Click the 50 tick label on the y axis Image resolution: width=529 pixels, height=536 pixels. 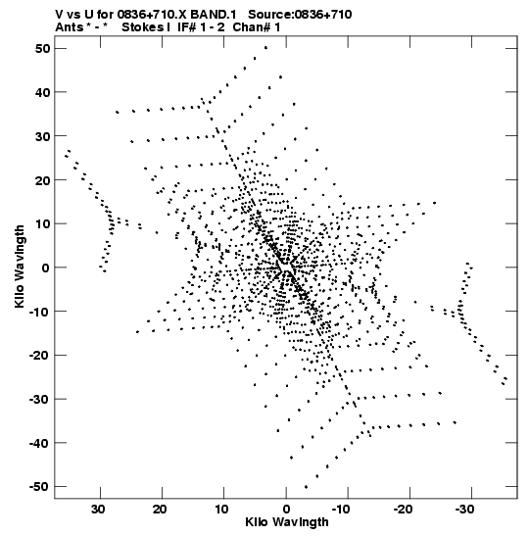[42, 49]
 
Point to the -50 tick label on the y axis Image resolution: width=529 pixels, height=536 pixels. [39, 486]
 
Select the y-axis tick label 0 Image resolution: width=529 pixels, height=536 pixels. [46, 268]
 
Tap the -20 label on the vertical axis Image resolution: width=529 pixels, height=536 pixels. [39, 355]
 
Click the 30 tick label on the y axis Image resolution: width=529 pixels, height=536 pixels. [42, 136]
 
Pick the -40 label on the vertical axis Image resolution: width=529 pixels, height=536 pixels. [39, 443]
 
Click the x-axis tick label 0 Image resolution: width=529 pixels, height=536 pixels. [286, 510]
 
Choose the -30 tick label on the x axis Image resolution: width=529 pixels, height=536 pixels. [464, 510]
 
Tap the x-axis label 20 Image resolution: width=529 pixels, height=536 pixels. [160, 510]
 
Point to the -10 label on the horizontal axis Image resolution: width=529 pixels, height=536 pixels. [341, 510]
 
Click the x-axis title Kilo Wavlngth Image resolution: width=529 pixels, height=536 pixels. [287, 522]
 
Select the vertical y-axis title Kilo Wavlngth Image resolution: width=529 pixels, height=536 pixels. [20, 267]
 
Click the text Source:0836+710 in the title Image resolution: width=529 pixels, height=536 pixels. [300, 15]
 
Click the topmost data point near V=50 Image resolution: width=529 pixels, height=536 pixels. [265, 48]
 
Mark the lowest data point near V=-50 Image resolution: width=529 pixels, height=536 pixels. [306, 487]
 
